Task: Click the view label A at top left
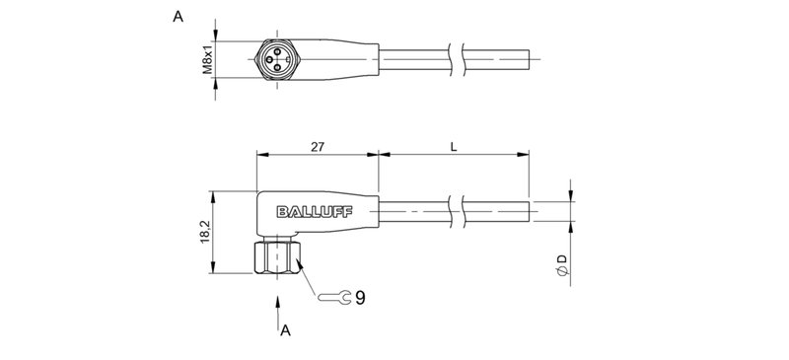pyautogui.click(x=178, y=17)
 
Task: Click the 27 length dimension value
pyautogui.click(x=318, y=146)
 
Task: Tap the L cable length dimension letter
pyautogui.click(x=453, y=146)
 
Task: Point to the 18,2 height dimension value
pyautogui.click(x=205, y=233)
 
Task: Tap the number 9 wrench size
pyautogui.click(x=360, y=295)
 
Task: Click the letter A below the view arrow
pyautogui.click(x=285, y=331)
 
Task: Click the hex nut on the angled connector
pyautogui.click(x=276, y=257)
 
